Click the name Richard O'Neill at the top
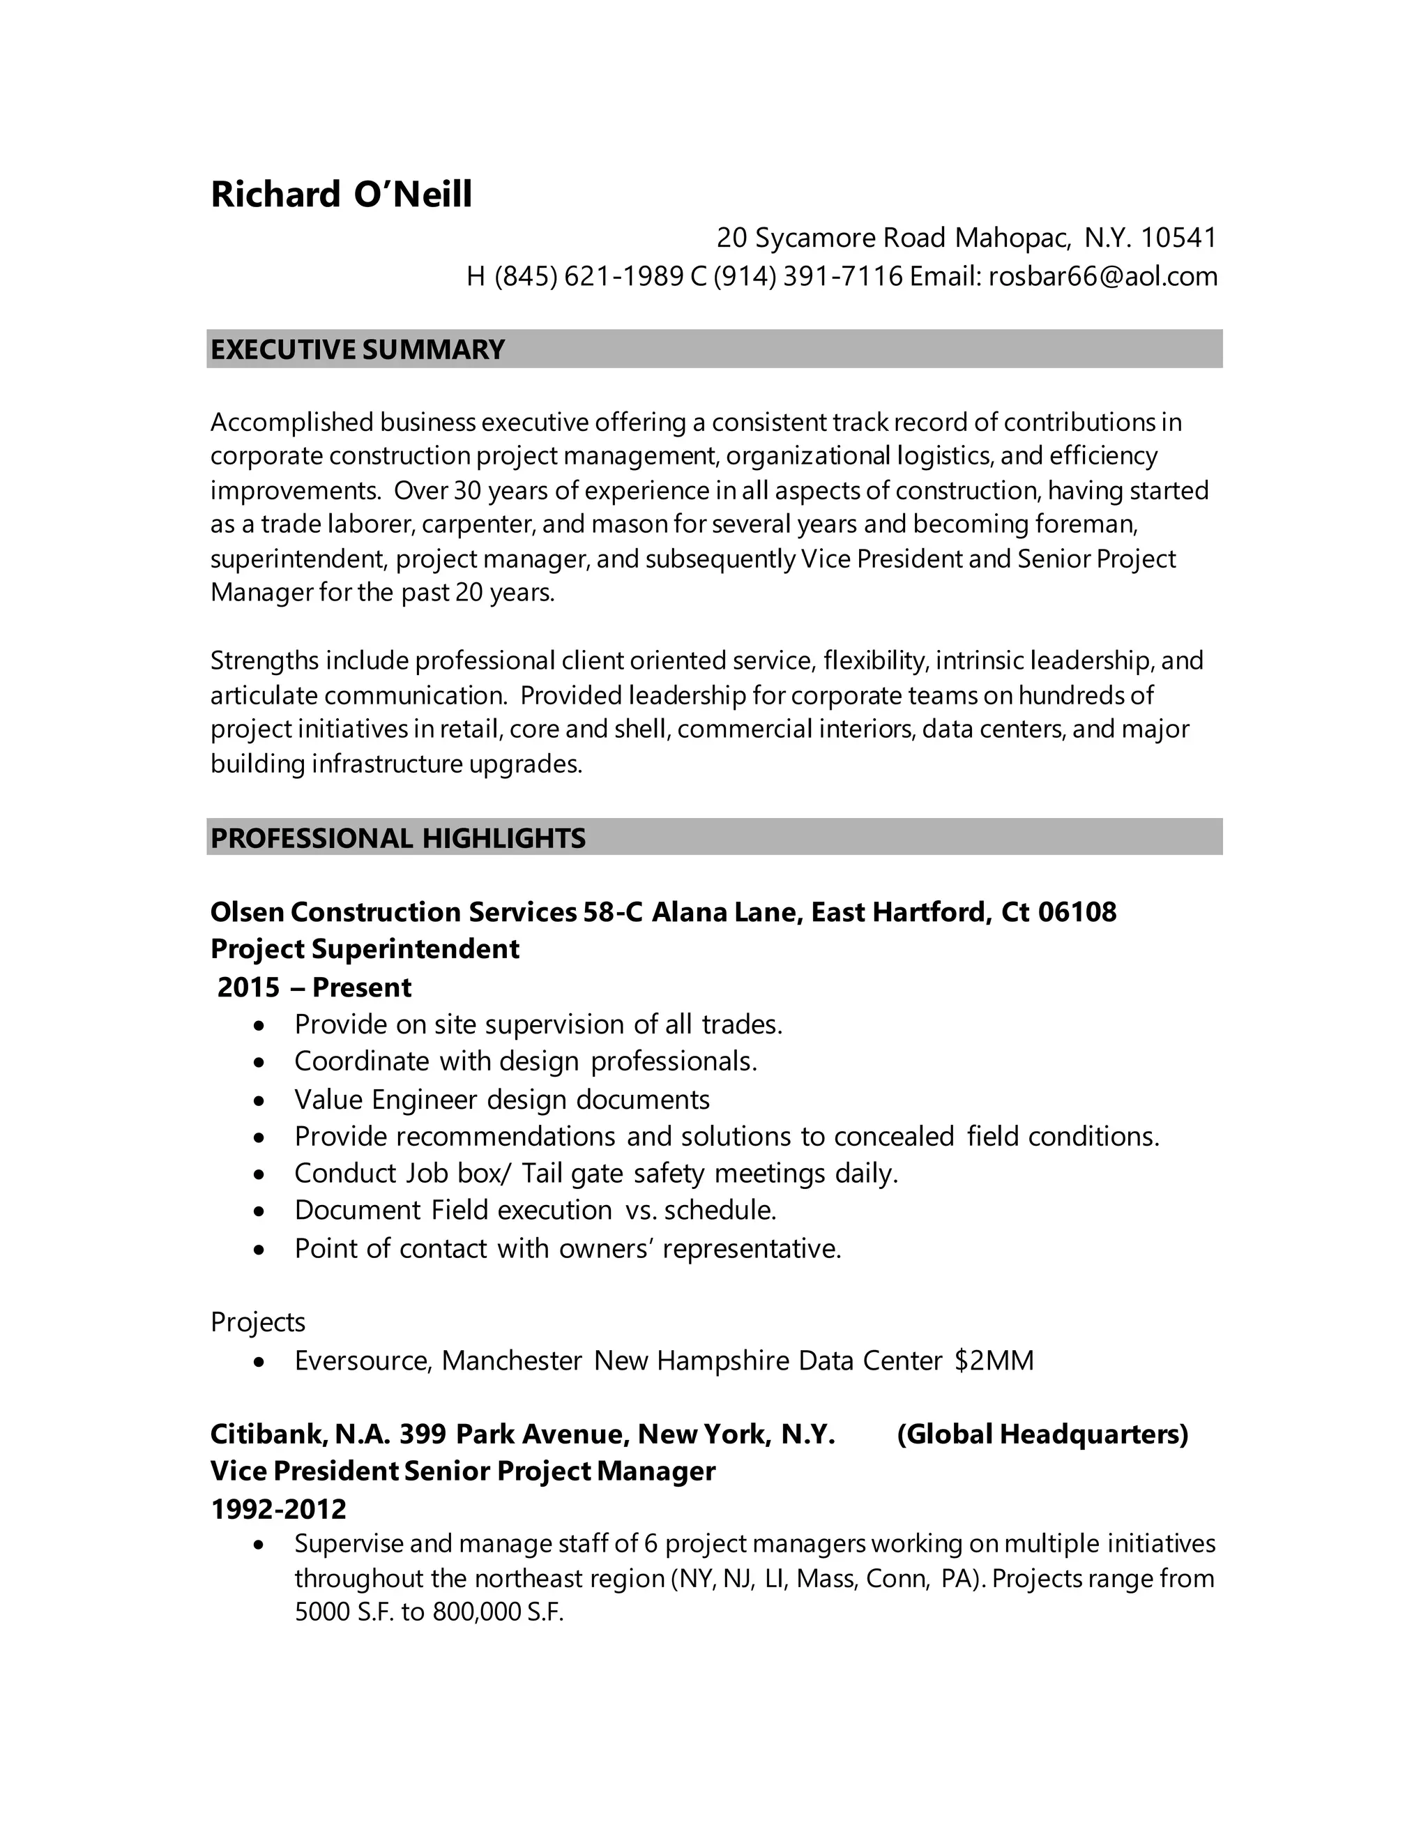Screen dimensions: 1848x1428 (341, 194)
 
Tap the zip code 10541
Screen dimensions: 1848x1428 (1178, 238)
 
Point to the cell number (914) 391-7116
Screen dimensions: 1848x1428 (809, 276)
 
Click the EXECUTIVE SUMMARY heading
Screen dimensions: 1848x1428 (357, 349)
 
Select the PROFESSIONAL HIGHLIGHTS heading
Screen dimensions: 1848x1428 (397, 838)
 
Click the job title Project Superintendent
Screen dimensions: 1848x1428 (365, 948)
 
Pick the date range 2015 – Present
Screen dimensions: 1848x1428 (314, 987)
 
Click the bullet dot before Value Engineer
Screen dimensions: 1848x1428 (259, 1100)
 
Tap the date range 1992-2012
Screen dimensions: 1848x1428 (278, 1508)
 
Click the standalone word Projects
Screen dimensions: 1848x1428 (257, 1321)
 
